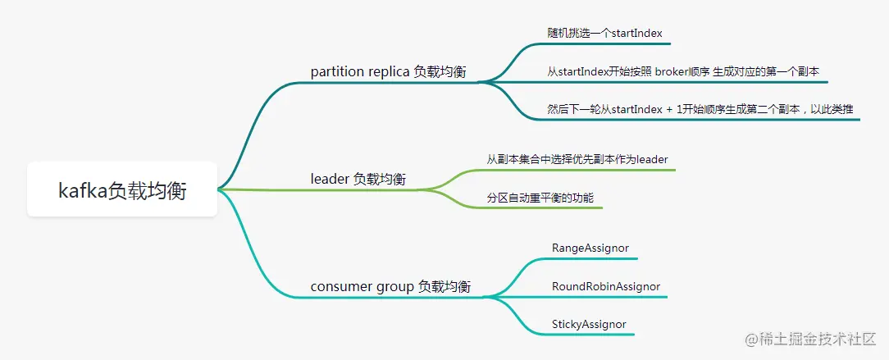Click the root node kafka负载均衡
tap(122, 190)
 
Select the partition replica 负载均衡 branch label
tap(388, 71)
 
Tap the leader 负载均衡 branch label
tap(358, 179)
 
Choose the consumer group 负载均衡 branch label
tap(390, 286)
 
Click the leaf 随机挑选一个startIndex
tap(604, 33)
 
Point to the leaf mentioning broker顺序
tap(682, 71)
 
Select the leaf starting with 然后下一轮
tap(700, 108)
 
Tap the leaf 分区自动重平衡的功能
tap(540, 198)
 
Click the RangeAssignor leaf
tap(590, 247)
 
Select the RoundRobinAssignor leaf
tap(605, 286)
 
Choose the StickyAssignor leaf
tap(589, 324)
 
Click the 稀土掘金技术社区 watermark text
tap(810, 338)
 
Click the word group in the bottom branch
tap(394, 286)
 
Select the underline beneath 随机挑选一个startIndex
tap(604, 43)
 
